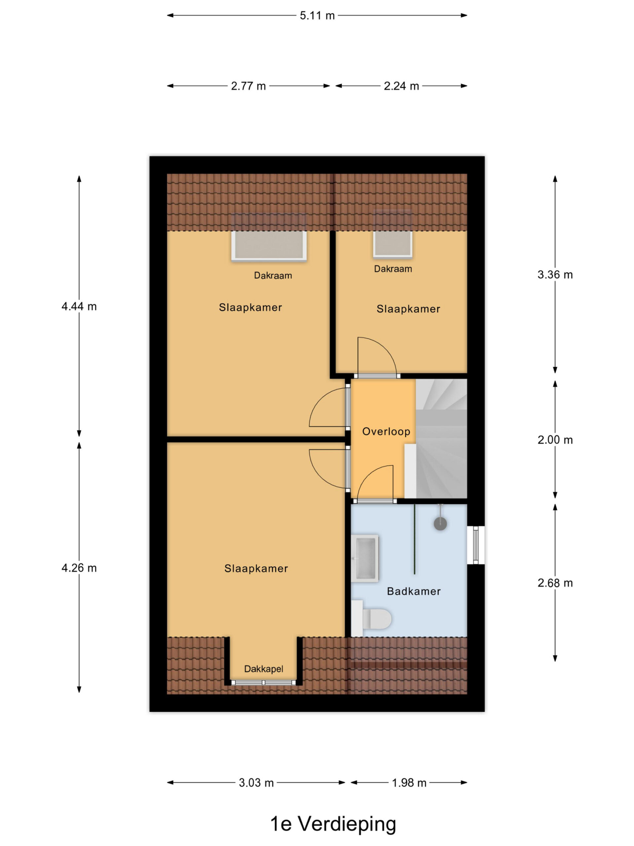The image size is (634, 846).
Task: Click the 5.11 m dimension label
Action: (x=317, y=16)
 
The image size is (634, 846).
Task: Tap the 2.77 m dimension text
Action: (x=248, y=86)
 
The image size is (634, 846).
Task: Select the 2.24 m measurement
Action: (x=401, y=86)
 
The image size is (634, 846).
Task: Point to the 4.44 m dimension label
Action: (x=79, y=306)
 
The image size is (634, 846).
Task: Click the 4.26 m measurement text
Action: (x=79, y=568)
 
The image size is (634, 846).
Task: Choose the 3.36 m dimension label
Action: (x=555, y=275)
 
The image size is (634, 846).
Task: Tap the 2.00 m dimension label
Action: (x=555, y=440)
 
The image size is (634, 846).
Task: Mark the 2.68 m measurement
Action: (x=555, y=583)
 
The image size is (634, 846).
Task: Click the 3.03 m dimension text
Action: (x=256, y=783)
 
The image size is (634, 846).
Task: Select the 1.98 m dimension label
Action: (x=409, y=783)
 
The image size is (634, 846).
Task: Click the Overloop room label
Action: (x=386, y=432)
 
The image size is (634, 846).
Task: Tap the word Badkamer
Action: (x=413, y=591)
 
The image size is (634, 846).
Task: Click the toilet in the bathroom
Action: (x=371, y=618)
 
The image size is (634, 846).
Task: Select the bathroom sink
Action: (x=365, y=558)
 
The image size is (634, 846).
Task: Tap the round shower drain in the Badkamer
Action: (x=440, y=523)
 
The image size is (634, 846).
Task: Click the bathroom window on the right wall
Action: (x=476, y=545)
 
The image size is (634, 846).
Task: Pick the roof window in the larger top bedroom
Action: (x=269, y=238)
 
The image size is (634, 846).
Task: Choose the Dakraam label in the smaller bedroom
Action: (x=393, y=269)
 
